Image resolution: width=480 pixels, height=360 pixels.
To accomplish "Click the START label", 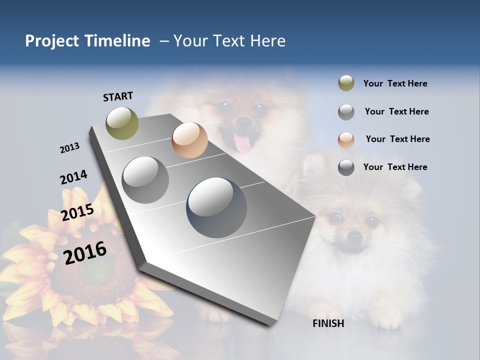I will coord(118,96).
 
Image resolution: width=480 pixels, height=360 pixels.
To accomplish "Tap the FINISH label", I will coord(328,323).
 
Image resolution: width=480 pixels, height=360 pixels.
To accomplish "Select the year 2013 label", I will coord(69,148).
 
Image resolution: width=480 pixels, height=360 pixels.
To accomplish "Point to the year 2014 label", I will coord(73,177).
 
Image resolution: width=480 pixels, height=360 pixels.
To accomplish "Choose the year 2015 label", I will coord(77,212).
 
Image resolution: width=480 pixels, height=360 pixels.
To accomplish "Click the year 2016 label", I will coord(85,252).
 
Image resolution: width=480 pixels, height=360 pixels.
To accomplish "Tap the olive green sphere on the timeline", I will coord(122,123).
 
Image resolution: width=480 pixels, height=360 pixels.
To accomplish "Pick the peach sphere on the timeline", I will coord(189,140).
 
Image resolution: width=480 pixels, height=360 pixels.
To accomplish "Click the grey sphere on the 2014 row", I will coord(145,179).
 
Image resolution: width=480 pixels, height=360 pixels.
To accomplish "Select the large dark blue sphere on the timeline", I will coord(216,207).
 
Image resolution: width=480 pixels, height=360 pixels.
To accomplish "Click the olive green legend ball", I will coord(346,83).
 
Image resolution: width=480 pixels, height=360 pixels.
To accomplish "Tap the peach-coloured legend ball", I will coord(346,139).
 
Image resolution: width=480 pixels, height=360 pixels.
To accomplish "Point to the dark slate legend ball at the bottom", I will coord(346,167).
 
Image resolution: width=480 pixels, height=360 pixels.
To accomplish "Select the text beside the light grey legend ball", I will coord(396,111).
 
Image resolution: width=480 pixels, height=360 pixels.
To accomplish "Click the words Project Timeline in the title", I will coord(87,41).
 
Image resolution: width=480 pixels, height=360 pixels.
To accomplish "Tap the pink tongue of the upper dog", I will coord(242,143).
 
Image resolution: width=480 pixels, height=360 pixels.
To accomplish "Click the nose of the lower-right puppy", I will coord(354,236).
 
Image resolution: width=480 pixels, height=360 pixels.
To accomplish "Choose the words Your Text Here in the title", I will coord(229,41).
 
